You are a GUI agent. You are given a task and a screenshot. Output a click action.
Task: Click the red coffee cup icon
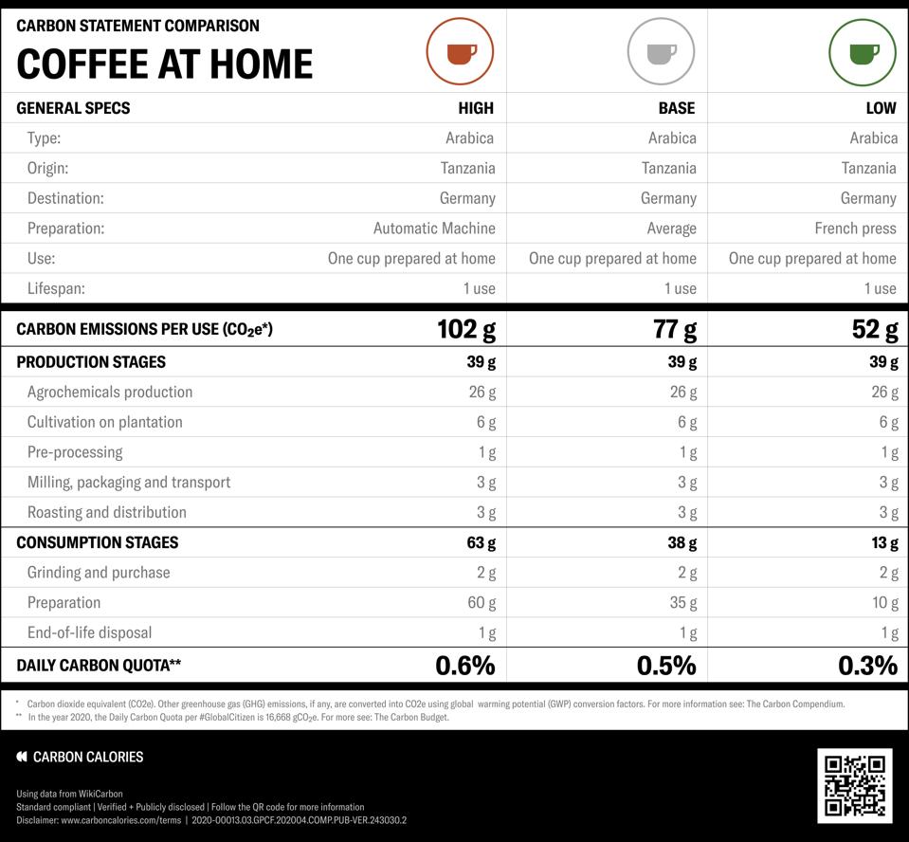tap(460, 51)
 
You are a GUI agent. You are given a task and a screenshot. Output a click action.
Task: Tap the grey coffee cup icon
tap(661, 51)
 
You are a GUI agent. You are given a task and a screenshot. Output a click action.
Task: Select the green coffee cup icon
tap(863, 51)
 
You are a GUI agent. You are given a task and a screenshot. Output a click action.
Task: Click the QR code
tap(854, 785)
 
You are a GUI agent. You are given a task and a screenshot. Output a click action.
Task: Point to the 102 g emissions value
tap(465, 329)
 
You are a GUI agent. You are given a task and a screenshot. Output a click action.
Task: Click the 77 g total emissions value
tap(675, 329)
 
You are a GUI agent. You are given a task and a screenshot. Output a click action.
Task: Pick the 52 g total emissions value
tap(874, 329)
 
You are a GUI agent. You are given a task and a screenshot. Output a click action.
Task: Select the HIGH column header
tap(476, 108)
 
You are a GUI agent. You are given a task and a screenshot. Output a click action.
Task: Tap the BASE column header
tap(677, 108)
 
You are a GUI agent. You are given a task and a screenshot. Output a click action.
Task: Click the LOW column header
tap(881, 108)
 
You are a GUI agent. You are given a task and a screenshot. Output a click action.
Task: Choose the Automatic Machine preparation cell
tap(434, 229)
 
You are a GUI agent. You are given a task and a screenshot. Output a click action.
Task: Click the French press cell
tap(855, 229)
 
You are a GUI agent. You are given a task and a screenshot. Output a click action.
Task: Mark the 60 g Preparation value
tap(482, 602)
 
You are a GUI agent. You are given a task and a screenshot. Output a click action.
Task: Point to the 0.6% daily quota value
tap(464, 666)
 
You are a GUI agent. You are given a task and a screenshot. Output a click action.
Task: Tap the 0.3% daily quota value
tap(867, 666)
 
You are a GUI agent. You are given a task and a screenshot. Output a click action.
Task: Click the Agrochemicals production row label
tap(110, 392)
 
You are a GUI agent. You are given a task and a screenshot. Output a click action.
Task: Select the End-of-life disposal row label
tap(89, 632)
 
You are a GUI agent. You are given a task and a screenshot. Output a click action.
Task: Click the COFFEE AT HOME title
tap(165, 64)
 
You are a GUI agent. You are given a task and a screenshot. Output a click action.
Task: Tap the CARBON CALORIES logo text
tap(88, 757)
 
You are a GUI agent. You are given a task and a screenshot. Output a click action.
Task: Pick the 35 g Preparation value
tap(682, 602)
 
